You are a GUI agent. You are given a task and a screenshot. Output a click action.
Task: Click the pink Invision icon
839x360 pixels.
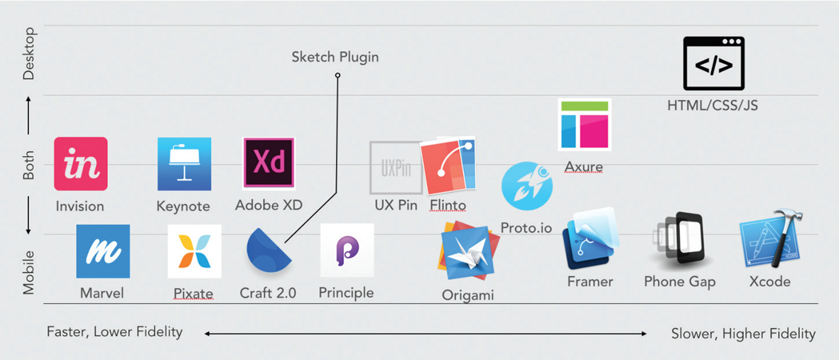coord(81,164)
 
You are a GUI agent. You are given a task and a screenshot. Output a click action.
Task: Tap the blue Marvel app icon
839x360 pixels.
coord(103,251)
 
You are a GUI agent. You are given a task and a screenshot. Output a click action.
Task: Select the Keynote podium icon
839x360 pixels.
coord(184,164)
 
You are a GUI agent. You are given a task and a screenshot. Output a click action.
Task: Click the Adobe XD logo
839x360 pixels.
coord(269,163)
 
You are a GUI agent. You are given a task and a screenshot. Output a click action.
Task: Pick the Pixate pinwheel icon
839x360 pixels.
coord(194,251)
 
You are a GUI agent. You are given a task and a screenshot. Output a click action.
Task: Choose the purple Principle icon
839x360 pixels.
coord(347,251)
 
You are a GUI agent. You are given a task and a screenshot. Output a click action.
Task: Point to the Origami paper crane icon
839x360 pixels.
coord(467,253)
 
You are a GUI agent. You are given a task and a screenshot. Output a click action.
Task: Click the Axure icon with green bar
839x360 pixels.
coord(585,124)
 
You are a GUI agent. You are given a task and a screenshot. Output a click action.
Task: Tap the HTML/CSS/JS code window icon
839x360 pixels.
coord(713,64)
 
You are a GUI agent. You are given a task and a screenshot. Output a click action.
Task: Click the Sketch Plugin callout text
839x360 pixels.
coord(335,57)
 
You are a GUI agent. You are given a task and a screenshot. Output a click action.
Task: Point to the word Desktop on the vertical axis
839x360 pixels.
coord(29,53)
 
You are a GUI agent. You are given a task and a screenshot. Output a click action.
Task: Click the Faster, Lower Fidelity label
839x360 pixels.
coord(114,332)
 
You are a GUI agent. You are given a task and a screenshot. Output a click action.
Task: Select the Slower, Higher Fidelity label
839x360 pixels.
coord(743,334)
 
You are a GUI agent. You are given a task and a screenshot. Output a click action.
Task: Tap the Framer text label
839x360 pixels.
coord(590,282)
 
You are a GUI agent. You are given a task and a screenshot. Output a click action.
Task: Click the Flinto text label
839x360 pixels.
coord(448,205)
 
